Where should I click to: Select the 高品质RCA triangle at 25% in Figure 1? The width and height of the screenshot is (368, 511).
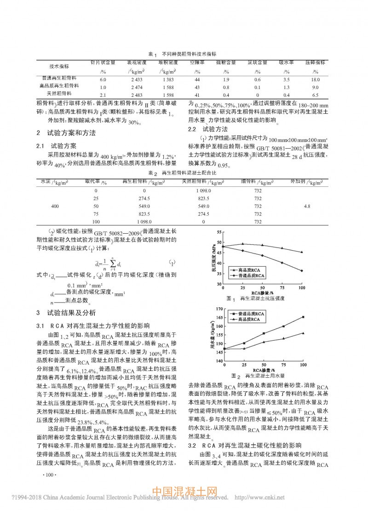click(242, 244)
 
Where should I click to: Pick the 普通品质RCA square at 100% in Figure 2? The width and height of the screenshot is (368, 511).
click(303, 317)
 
